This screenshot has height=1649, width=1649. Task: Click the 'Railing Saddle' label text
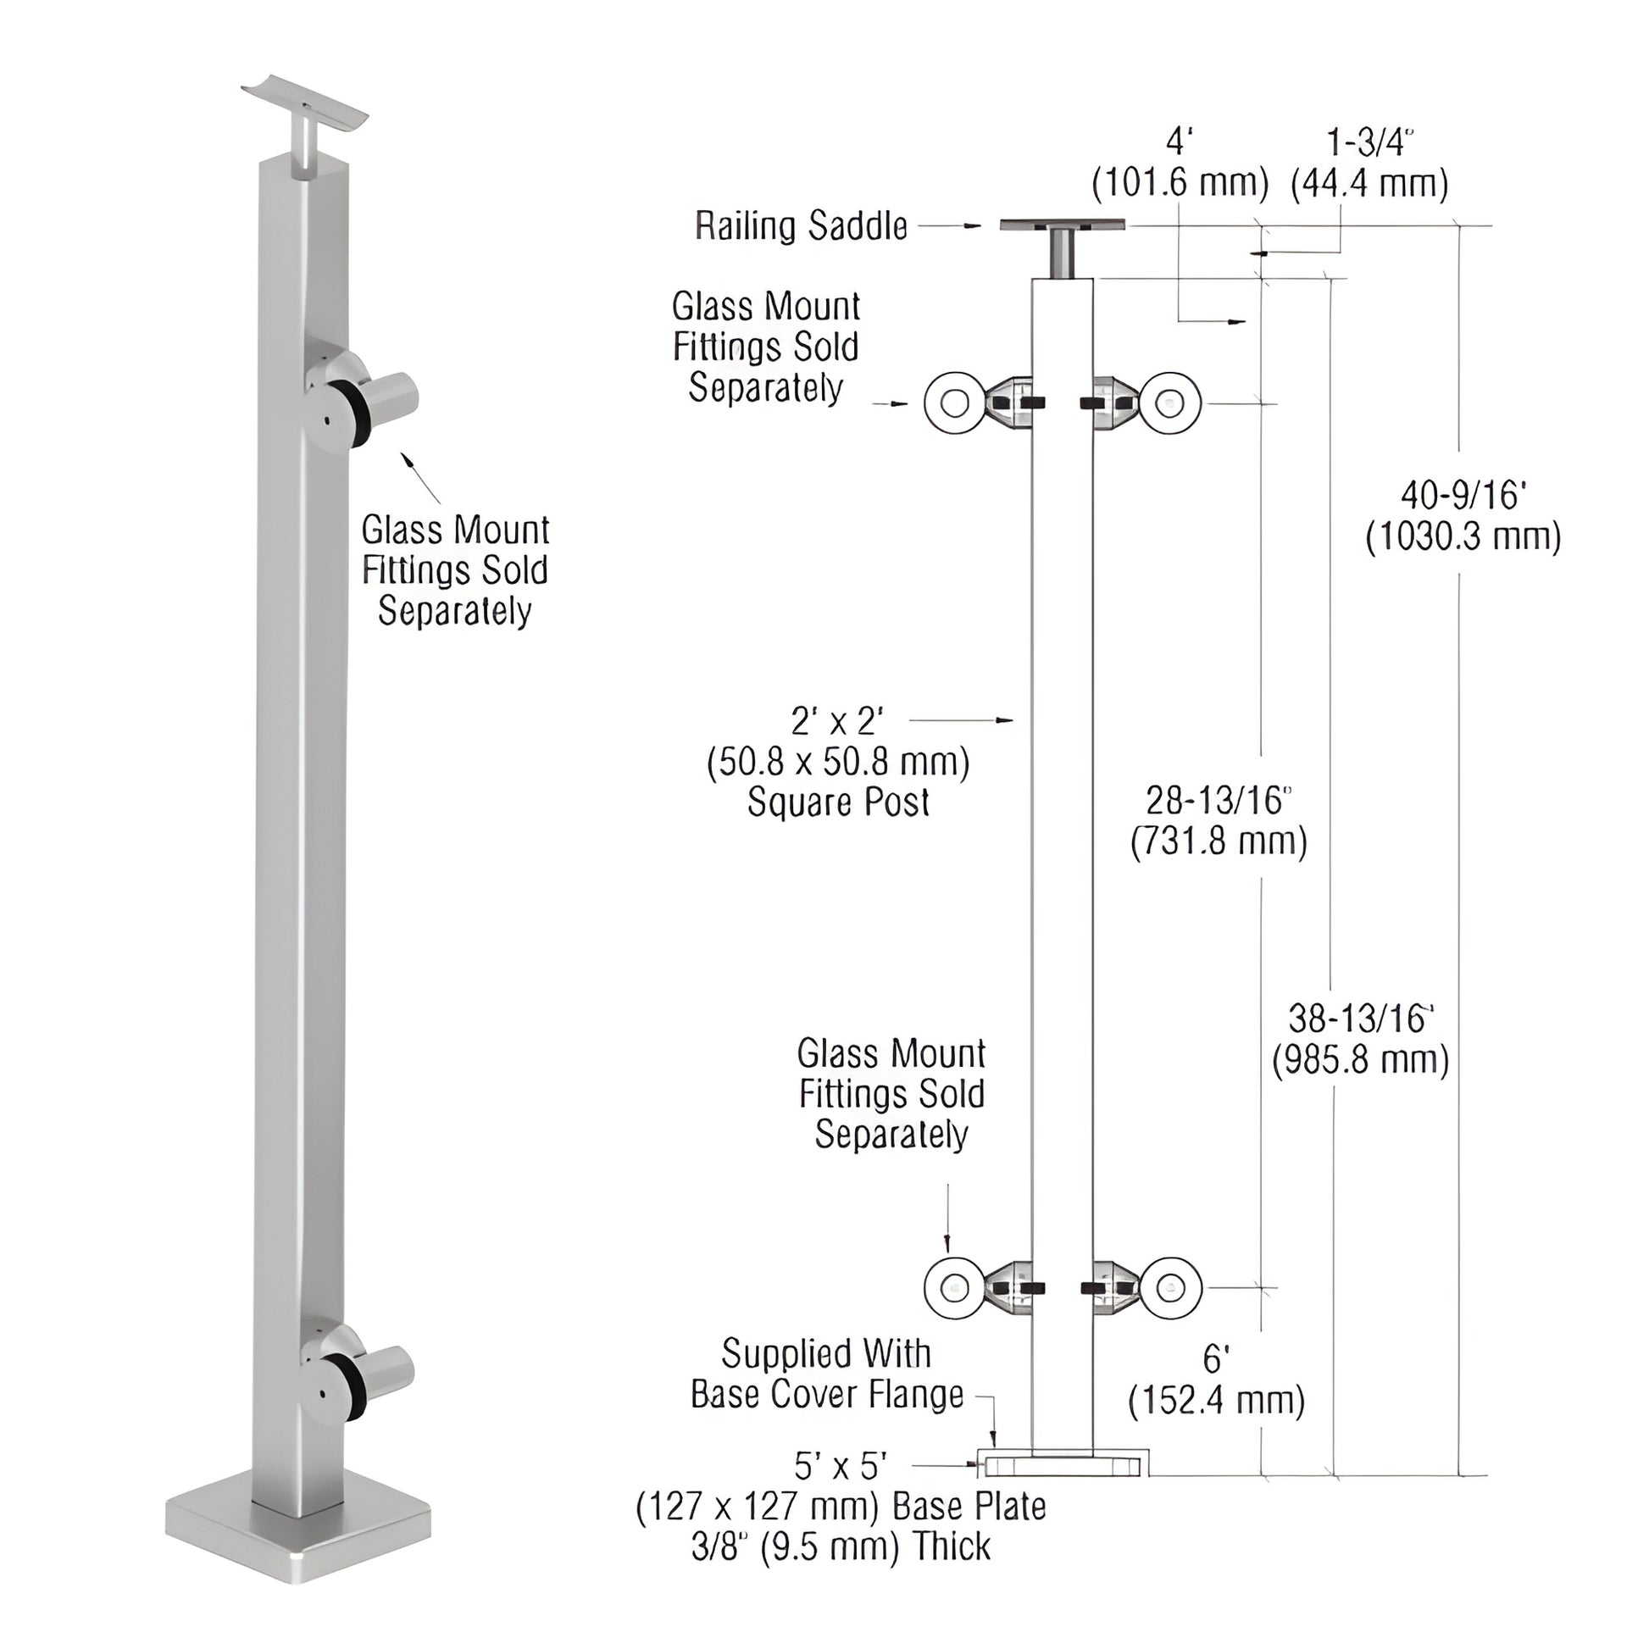(801, 226)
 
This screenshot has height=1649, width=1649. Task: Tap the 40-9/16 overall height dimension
(1463, 496)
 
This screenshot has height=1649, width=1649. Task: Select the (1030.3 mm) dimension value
(1463, 537)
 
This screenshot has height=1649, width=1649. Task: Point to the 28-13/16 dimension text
(1218, 801)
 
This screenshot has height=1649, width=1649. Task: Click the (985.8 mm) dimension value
(1361, 1060)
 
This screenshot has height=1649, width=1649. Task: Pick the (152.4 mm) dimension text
(1216, 1401)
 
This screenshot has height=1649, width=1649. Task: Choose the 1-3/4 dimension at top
(1369, 142)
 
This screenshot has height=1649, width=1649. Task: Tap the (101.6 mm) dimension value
(1180, 184)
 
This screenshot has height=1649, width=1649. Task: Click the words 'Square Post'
(838, 802)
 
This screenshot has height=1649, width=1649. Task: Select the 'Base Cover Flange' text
(826, 1395)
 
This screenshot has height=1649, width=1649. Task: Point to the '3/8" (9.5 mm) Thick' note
(841, 1546)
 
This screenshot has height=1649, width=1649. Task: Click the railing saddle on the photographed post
(305, 107)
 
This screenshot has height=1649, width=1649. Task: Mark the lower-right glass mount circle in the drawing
(1171, 1288)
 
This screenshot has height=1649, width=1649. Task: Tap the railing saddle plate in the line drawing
(1063, 225)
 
